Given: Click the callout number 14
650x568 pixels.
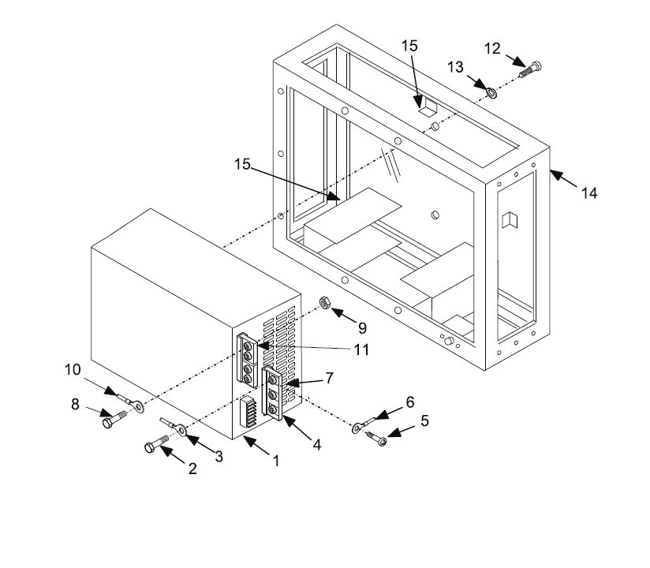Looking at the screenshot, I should (x=589, y=192).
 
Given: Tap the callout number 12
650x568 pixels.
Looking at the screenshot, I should (x=491, y=49).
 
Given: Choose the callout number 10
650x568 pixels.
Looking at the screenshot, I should (x=73, y=369).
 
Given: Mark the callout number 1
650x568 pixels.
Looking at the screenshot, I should (x=275, y=461).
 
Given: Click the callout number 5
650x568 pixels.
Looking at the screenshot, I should (x=424, y=421).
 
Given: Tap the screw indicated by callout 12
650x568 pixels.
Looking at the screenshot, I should (x=529, y=69).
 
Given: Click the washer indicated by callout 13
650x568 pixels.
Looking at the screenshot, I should (x=491, y=93).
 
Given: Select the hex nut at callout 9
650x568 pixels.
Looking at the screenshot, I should (x=323, y=303).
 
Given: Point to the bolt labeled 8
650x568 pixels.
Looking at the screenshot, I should (x=112, y=420).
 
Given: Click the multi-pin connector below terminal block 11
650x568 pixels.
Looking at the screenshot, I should (x=248, y=413).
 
